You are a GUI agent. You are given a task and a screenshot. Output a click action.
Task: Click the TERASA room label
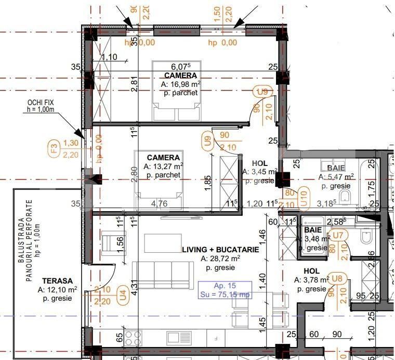tap(58, 280)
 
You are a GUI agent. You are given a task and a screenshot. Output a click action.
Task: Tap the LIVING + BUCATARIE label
tap(220, 250)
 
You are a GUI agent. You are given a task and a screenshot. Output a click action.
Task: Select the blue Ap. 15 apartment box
tap(225, 290)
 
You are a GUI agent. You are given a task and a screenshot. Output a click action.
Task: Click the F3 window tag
tap(52, 149)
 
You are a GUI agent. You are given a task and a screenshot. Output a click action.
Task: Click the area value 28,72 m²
tap(220, 259)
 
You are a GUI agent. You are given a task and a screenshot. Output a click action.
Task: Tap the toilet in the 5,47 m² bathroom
tap(350, 196)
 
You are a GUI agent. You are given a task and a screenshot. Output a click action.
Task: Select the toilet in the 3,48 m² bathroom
tap(366, 237)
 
